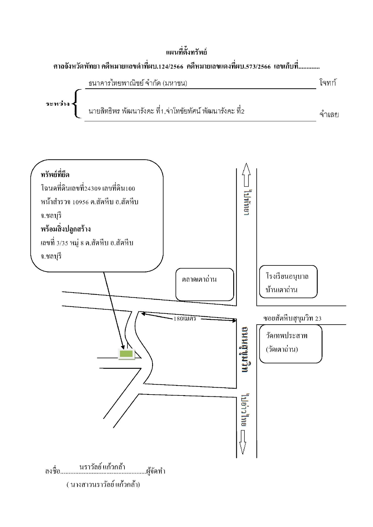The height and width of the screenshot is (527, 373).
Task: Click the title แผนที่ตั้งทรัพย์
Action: pyautogui.click(x=186, y=52)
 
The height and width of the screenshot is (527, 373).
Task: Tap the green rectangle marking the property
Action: pyautogui.click(x=126, y=354)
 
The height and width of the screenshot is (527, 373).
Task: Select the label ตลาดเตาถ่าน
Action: pyautogui.click(x=199, y=279)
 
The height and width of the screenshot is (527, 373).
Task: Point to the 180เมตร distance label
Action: pyautogui.click(x=185, y=319)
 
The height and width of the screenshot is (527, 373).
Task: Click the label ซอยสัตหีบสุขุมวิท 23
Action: pyautogui.click(x=292, y=318)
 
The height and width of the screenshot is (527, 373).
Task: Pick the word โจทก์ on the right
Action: pyautogui.click(x=328, y=83)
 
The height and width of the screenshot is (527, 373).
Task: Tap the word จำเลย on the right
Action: pyautogui.click(x=329, y=114)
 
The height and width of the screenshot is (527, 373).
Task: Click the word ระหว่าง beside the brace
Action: pyautogui.click(x=58, y=104)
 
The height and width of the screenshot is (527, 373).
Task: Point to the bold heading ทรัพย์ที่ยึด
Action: pyautogui.click(x=55, y=175)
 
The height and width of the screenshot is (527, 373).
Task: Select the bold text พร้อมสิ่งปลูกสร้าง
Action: pyautogui.click(x=66, y=229)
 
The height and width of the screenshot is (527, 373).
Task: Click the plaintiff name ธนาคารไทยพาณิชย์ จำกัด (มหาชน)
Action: pyautogui.click(x=138, y=83)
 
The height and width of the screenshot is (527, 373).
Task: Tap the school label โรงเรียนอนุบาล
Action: pyautogui.click(x=287, y=276)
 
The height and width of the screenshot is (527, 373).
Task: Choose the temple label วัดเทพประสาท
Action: pyautogui.click(x=286, y=335)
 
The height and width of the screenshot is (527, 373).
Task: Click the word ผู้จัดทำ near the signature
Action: pyautogui.click(x=156, y=471)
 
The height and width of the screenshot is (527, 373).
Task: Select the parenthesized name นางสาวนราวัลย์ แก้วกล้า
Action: pyautogui.click(x=103, y=484)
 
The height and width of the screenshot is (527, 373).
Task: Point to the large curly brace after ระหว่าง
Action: pyautogui.click(x=77, y=104)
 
